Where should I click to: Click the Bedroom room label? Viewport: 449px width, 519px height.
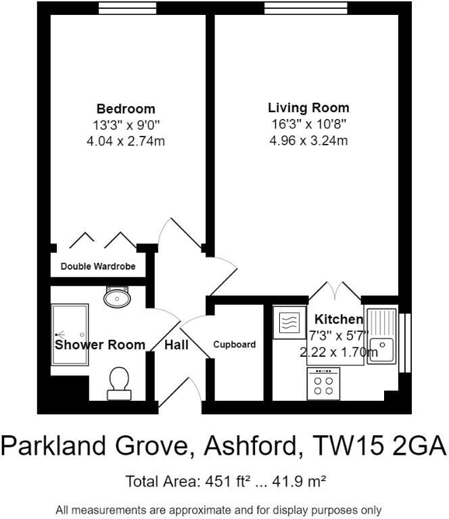126,109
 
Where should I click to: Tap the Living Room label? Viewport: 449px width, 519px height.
308,107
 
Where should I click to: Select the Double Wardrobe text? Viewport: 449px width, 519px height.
98,267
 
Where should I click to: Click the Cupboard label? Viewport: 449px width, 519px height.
235,345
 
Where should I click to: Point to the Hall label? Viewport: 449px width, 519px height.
176,345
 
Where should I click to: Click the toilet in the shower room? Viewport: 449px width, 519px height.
118,382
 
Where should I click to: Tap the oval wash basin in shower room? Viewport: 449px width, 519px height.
118,296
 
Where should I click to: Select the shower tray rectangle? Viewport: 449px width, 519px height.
70,335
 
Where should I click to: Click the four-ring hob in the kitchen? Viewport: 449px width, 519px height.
323,384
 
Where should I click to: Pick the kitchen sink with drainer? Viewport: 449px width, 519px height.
383,336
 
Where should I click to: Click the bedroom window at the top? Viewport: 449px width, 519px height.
126,8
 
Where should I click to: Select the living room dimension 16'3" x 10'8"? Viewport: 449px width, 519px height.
308,124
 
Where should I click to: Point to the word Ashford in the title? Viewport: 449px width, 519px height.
241,447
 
